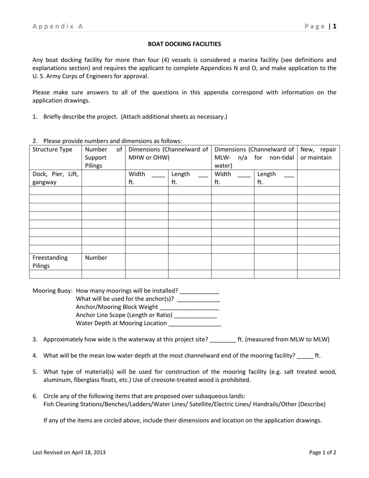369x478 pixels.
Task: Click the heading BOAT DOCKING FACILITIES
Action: tap(184, 44)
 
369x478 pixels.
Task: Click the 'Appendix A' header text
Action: tap(58, 26)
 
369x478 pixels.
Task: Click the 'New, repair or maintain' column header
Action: tap(318, 154)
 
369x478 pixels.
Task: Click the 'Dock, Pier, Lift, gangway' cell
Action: tap(55, 178)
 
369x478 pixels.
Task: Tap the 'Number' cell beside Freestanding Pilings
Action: tap(96, 258)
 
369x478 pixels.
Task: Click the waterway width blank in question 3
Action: tap(223, 340)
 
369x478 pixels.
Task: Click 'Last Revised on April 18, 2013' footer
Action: tap(69, 452)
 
